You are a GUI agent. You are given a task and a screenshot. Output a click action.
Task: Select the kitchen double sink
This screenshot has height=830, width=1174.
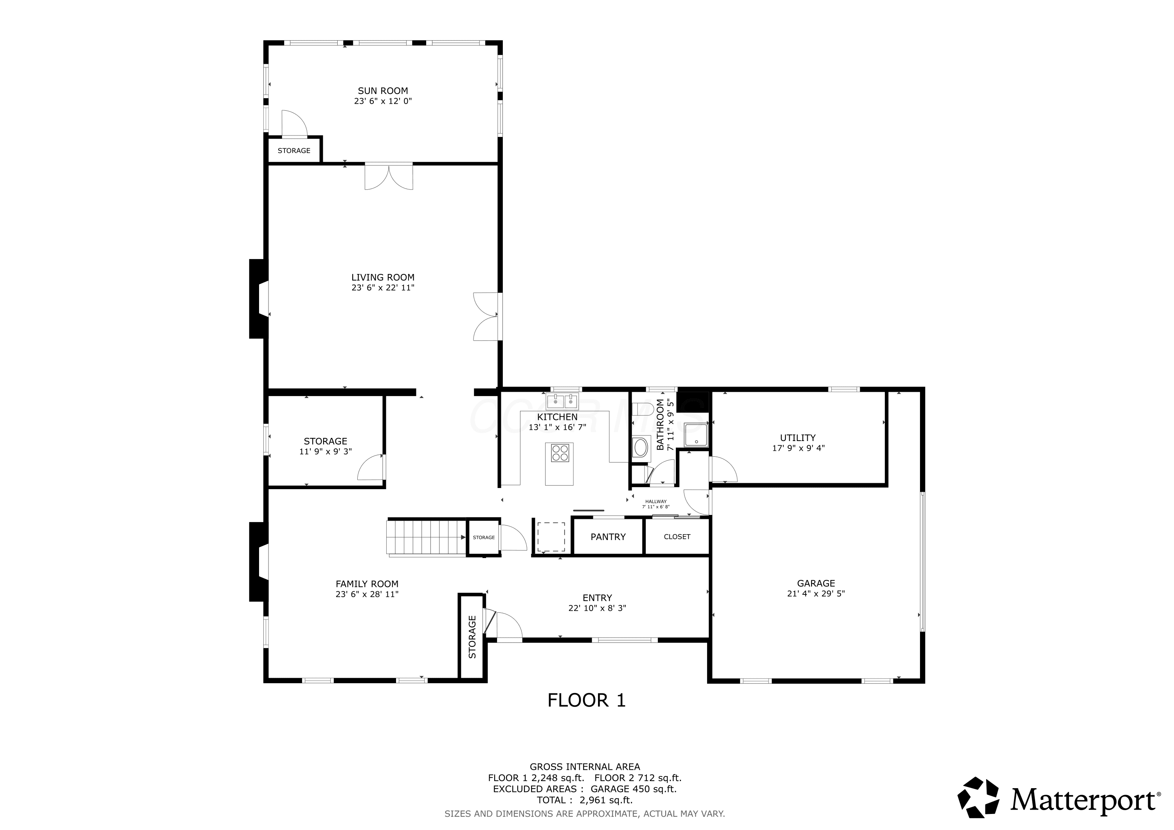(562, 401)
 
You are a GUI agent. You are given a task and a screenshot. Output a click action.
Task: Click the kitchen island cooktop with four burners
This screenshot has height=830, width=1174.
(560, 453)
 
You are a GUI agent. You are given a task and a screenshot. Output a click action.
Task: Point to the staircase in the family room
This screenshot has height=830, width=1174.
(427, 537)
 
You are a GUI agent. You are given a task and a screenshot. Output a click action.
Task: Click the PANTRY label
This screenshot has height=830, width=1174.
(608, 537)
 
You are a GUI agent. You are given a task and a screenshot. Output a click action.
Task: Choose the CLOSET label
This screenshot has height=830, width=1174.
(677, 537)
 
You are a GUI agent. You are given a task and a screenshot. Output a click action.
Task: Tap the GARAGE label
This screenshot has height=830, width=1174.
(816, 583)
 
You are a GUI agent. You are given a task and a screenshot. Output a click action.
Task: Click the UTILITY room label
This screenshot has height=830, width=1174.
(798, 438)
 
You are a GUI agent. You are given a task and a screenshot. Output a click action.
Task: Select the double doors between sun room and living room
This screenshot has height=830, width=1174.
(389, 177)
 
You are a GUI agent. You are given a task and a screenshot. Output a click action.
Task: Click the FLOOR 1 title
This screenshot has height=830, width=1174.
(587, 700)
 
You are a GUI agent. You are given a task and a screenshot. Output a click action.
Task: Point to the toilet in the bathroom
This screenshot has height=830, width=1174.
(642, 409)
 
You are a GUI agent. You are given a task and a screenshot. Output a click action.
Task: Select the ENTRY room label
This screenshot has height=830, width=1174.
(597, 598)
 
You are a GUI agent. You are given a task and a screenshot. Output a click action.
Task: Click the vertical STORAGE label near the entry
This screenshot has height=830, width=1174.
(472, 636)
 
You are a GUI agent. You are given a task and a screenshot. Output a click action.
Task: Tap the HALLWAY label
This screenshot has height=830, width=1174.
(656, 502)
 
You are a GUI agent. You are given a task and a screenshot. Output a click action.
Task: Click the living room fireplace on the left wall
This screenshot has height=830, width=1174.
(259, 299)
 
